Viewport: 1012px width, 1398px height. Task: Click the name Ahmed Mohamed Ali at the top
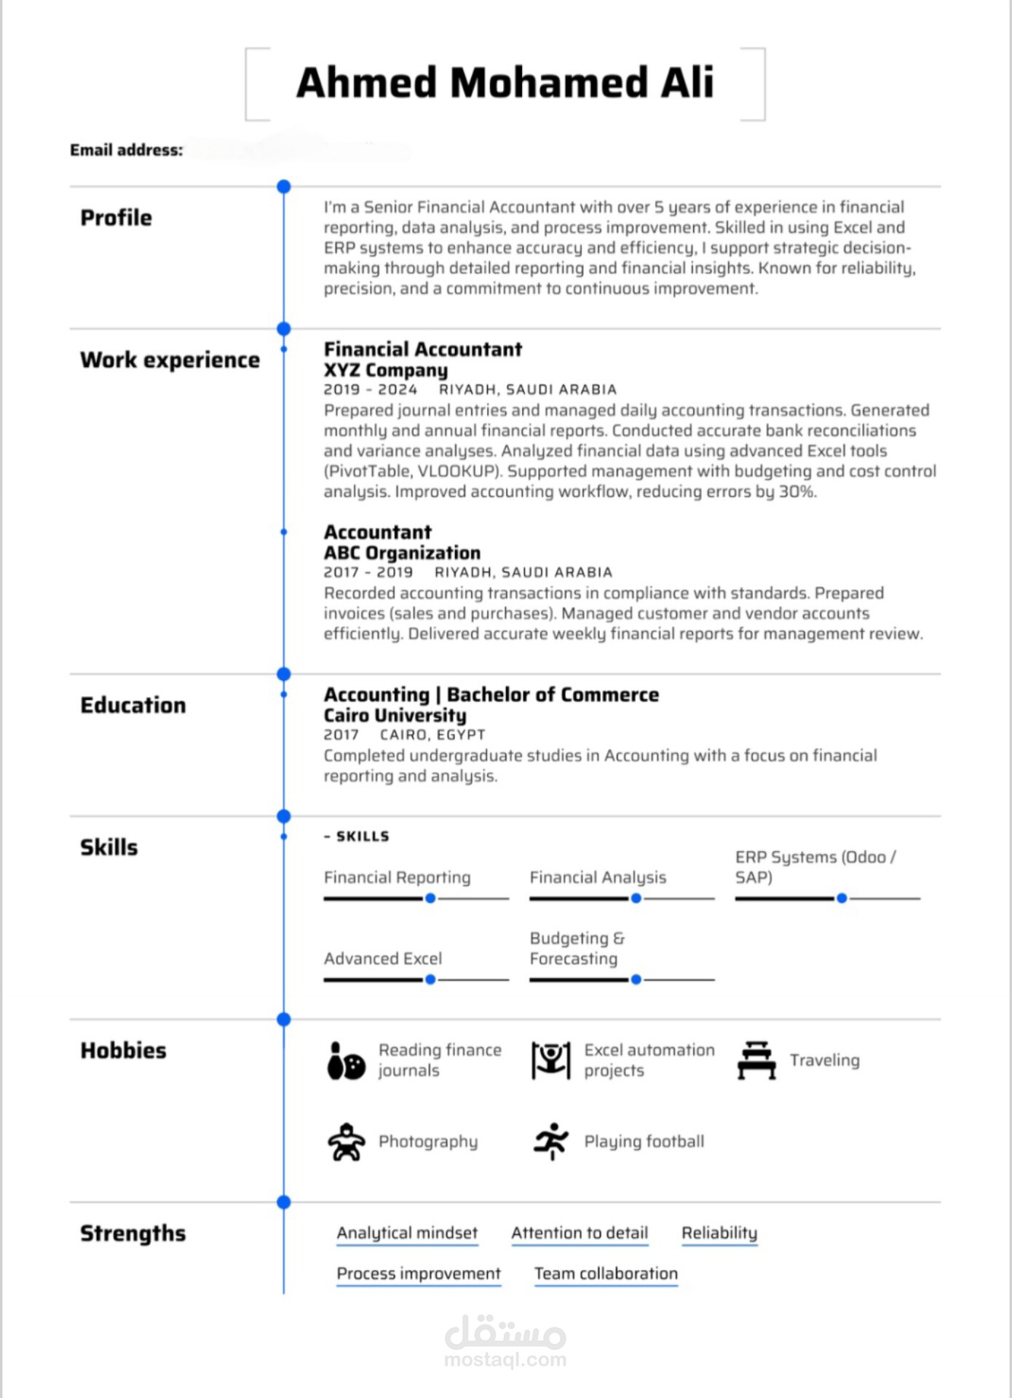505,82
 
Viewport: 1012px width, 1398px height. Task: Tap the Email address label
126,150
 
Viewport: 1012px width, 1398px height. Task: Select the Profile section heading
116,217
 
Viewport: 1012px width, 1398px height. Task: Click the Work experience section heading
170,360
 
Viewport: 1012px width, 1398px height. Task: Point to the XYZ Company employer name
386,370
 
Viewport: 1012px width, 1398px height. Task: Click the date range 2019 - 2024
371,390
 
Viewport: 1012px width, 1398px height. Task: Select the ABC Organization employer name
402,553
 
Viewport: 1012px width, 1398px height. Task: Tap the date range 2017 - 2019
368,572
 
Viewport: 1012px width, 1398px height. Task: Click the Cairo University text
395,715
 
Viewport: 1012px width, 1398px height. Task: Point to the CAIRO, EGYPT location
432,735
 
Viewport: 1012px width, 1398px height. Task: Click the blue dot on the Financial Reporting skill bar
430,899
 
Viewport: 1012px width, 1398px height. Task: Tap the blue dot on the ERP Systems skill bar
842,899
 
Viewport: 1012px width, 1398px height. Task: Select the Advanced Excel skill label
383,958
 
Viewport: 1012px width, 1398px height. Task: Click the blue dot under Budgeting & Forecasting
636,979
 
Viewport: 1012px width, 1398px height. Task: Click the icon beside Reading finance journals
346,1061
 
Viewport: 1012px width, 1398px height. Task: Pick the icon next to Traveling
756,1060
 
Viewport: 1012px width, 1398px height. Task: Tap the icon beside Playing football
551,1141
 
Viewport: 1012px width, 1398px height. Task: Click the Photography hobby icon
346,1142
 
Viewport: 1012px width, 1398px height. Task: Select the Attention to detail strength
580,1233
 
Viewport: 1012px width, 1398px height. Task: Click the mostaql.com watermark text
505,1359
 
